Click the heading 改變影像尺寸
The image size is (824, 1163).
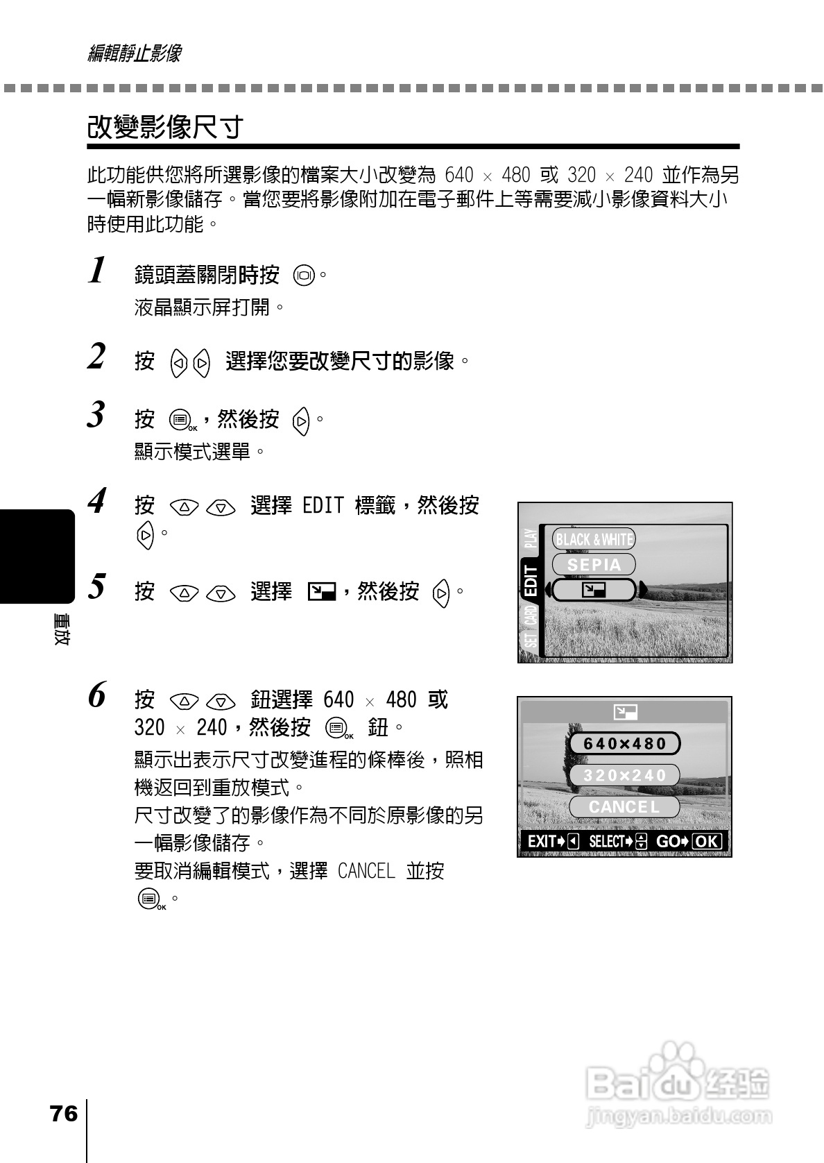point(165,127)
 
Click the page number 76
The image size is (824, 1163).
point(64,1114)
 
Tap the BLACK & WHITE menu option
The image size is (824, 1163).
point(594,539)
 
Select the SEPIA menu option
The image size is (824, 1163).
point(594,565)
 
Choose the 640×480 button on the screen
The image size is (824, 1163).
point(624,744)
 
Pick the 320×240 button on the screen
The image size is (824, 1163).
point(624,775)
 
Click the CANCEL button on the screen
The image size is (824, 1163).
point(624,807)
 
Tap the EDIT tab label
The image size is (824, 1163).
point(531,580)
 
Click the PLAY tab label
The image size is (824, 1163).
point(531,541)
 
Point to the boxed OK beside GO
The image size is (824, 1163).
point(707,842)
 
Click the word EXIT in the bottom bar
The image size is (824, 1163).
point(542,842)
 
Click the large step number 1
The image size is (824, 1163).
point(98,270)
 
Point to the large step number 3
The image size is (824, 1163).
point(96,415)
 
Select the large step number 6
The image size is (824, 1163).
point(97,695)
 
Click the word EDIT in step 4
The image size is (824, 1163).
point(323,505)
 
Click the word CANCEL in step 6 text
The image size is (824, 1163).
point(366,871)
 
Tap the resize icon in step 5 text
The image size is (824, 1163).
point(321,592)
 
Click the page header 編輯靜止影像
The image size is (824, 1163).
point(135,53)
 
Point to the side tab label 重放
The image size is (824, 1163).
point(60,630)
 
